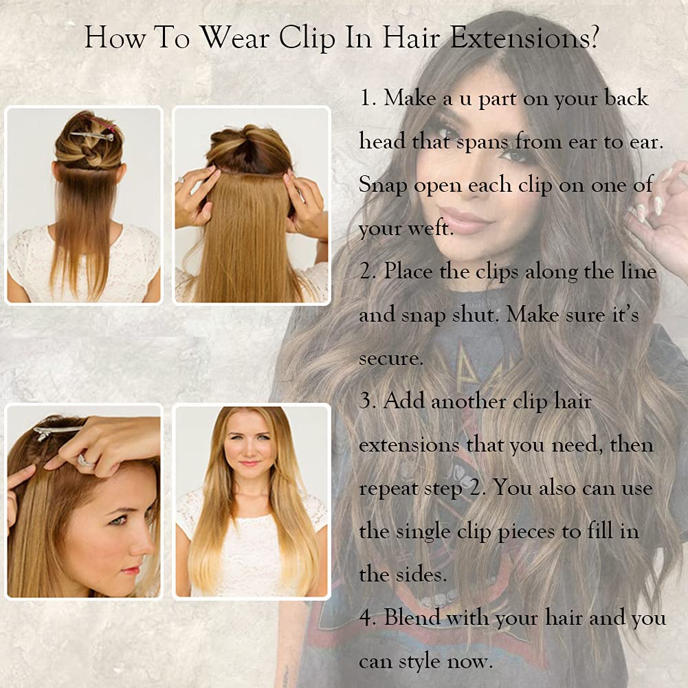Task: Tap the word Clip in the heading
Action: pyautogui.click(x=308, y=38)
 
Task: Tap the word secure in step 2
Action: pyautogui.click(x=390, y=359)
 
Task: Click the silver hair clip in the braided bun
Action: pyautogui.click(x=92, y=135)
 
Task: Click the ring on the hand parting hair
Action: pyautogui.click(x=85, y=460)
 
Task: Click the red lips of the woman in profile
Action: pyautogui.click(x=131, y=570)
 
